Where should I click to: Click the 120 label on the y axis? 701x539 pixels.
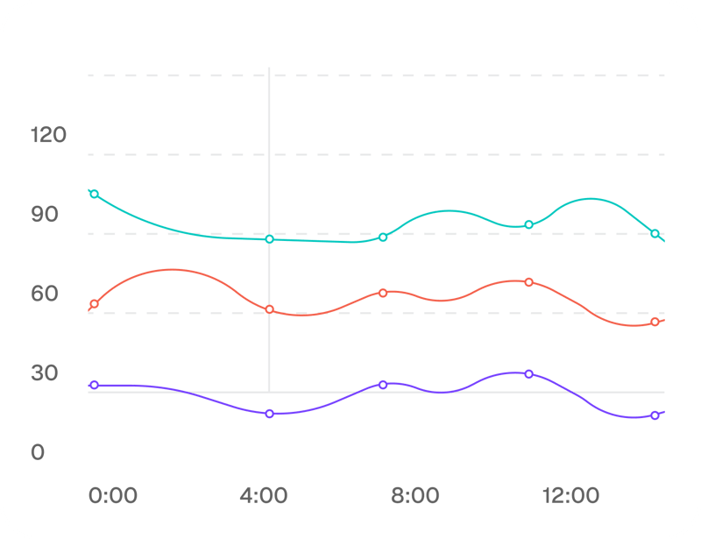tap(50, 135)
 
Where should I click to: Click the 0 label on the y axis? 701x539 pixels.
tap(38, 452)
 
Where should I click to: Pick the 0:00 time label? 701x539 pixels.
tap(113, 496)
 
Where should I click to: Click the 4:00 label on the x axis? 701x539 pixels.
tap(264, 496)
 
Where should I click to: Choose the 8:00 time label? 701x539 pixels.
tap(414, 496)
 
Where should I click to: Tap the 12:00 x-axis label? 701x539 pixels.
tap(570, 496)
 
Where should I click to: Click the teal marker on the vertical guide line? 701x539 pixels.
tap(269, 238)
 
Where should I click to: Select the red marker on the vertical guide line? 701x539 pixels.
tap(269, 309)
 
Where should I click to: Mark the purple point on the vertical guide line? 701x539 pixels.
tap(269, 413)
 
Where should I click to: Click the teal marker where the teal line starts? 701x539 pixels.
tap(95, 194)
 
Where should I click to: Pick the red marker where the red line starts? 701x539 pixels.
tap(95, 304)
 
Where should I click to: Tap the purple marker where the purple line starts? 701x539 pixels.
tap(95, 385)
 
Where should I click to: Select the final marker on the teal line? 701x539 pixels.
tap(655, 233)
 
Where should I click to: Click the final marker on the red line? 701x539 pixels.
tap(655, 322)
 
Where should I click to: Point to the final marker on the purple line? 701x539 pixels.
tap(655, 415)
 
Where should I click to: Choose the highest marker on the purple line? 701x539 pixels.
tap(528, 373)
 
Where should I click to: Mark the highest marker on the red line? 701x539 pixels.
tap(528, 282)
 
